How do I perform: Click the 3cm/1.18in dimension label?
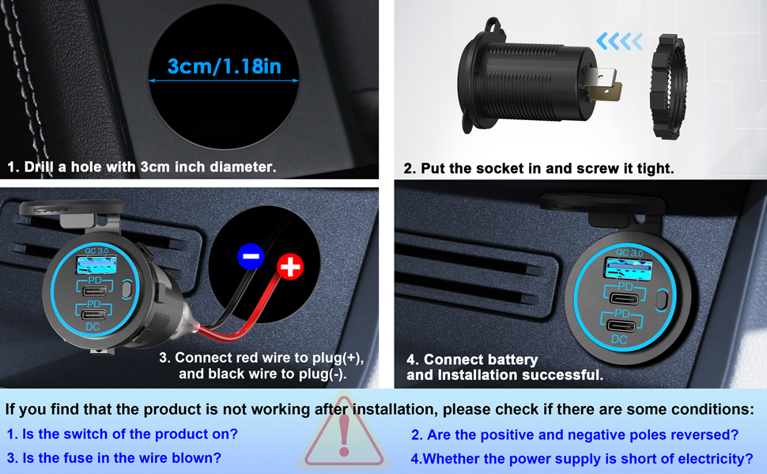(225, 66)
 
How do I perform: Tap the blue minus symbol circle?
(250, 256)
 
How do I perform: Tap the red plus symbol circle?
(291, 269)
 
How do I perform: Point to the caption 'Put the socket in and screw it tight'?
(538, 168)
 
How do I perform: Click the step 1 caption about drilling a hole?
(142, 167)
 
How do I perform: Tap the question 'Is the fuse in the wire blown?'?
(114, 457)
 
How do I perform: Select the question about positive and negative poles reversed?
(575, 434)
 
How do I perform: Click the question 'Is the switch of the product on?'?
(122, 434)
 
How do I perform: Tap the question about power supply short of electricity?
(581, 458)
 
